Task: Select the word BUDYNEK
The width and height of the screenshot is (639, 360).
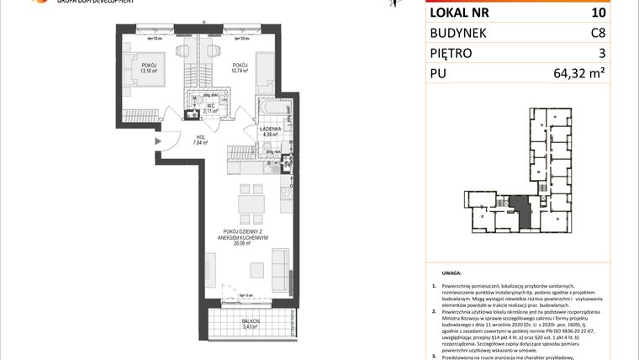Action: coord(463,33)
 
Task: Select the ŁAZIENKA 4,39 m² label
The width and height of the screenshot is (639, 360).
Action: coord(270,130)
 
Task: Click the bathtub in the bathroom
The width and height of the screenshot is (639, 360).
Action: coord(276,110)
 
